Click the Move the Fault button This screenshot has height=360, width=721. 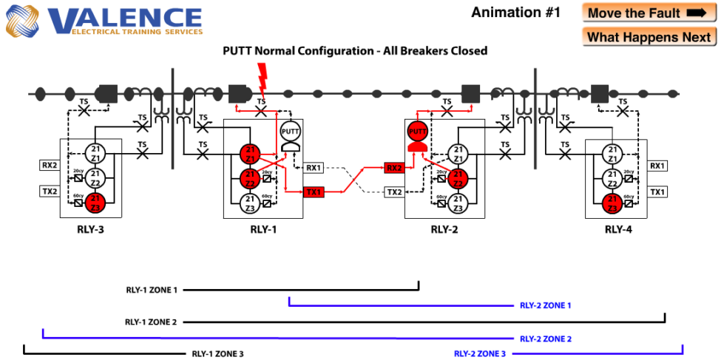647,13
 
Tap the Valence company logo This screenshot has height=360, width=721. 104,21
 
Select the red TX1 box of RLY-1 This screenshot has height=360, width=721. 313,192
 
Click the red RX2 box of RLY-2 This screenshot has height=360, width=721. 394,169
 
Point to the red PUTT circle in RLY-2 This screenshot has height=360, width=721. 418,132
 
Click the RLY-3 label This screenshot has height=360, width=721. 90,229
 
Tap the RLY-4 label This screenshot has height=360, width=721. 618,229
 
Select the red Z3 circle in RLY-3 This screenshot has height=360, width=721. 95,202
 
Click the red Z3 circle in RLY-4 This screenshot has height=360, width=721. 611,202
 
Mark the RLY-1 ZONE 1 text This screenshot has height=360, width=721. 152,291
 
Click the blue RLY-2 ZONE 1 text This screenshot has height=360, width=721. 546,305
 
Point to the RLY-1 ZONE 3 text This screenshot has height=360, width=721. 217,354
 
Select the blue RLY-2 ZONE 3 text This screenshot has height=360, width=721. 480,354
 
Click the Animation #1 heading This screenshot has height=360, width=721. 516,13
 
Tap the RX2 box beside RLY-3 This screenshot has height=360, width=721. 50,166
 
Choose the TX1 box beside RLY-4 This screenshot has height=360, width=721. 657,192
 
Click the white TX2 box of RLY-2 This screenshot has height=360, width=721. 394,192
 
